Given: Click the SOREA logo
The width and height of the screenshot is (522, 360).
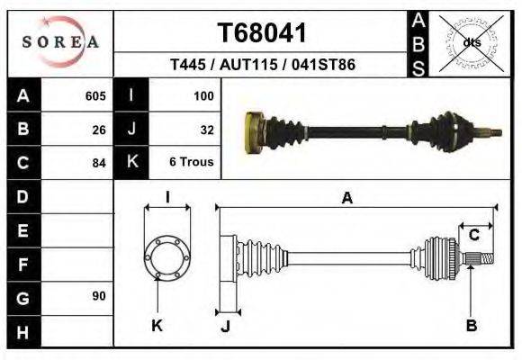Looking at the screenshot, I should [x=60, y=42].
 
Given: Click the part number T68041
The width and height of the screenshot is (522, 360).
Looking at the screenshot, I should [x=262, y=32].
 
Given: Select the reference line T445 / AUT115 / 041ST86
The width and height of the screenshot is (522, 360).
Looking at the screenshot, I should [x=262, y=66].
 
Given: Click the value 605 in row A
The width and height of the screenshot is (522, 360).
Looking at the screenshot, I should [x=95, y=95].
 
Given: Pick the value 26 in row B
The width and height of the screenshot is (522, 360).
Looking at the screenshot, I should [x=99, y=129].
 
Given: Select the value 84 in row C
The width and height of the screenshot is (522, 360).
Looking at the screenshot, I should [x=99, y=163].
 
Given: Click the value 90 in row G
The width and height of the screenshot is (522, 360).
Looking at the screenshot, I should [x=99, y=296].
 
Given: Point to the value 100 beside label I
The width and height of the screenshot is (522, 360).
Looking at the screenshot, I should [x=203, y=95].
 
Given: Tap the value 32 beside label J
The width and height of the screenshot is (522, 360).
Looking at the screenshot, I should [x=206, y=129].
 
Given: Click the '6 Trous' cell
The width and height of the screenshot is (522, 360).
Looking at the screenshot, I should [x=192, y=163].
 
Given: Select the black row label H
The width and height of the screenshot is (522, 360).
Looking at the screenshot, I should [x=22, y=332].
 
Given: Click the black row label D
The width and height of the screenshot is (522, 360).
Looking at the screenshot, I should [x=22, y=195].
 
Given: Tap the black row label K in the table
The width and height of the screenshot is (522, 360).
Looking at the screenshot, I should [x=131, y=162].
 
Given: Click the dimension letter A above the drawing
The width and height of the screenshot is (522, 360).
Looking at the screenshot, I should [x=346, y=199].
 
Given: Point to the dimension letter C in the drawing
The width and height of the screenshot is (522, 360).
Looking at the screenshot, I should [x=473, y=236].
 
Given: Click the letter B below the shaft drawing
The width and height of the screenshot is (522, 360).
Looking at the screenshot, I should [x=471, y=325].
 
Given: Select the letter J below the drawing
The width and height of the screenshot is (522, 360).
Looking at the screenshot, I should [x=225, y=326].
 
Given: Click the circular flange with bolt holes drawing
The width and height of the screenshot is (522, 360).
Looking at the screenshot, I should [x=167, y=256].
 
